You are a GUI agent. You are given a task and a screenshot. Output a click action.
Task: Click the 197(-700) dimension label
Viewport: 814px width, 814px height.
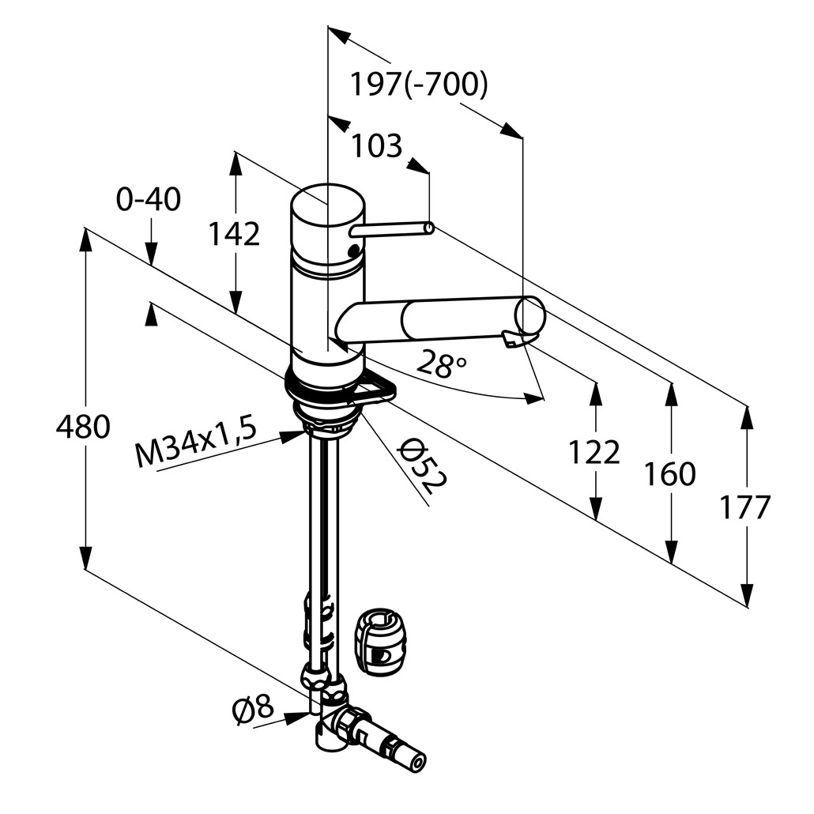pyautogui.click(x=419, y=85)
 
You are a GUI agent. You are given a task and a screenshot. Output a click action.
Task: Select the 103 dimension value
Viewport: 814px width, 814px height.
pyautogui.click(x=376, y=146)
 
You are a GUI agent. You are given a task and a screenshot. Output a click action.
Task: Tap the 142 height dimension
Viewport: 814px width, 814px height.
pyautogui.click(x=234, y=234)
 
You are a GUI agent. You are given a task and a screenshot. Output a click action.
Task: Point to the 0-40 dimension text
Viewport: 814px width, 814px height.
pyautogui.click(x=149, y=200)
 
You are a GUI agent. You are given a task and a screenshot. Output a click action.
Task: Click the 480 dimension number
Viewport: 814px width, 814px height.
pyautogui.click(x=82, y=428)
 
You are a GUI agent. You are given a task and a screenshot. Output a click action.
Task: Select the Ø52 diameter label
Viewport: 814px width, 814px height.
pyautogui.click(x=422, y=466)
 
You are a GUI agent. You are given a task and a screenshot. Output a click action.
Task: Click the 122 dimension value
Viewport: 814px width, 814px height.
pyautogui.click(x=594, y=452)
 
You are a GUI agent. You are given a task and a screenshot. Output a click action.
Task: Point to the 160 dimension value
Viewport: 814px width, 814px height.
pyautogui.click(x=669, y=474)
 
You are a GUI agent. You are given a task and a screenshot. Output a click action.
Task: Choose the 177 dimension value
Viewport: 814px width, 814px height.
pyautogui.click(x=744, y=507)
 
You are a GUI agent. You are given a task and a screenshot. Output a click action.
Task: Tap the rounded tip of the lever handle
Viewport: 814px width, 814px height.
pyautogui.click(x=428, y=228)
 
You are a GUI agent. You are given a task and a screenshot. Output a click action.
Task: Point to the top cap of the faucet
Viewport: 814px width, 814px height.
pyautogui.click(x=327, y=205)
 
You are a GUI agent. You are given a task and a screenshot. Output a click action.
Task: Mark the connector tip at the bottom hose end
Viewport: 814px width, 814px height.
pyautogui.click(x=416, y=763)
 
